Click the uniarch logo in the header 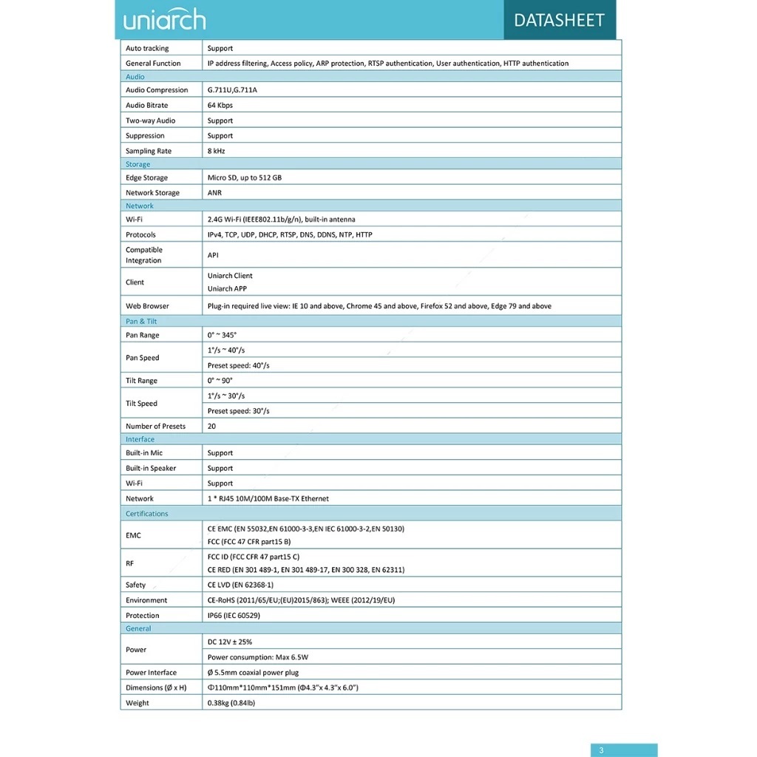[164, 19]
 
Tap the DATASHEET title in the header [559, 20]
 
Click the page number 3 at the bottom [601, 750]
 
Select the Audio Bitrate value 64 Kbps [220, 105]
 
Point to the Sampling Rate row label [149, 151]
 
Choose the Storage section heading [138, 164]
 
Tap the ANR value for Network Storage [214, 193]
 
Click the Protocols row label [140, 234]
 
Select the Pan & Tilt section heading [141, 321]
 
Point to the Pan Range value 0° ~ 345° [222, 335]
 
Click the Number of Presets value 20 [212, 426]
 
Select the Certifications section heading [146, 513]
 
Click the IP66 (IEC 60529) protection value [234, 615]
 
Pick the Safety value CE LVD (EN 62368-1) [240, 585]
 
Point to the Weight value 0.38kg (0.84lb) [231, 703]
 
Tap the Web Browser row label [147, 305]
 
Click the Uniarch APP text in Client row [227, 288]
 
